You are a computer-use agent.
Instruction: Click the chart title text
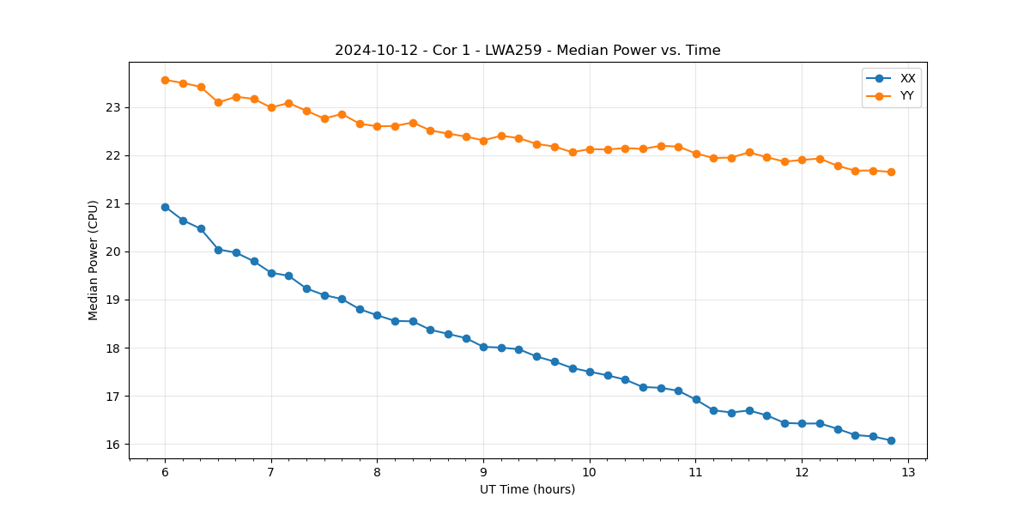(x=527, y=51)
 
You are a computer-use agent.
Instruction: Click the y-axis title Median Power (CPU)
(x=93, y=260)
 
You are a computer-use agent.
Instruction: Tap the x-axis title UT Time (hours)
(x=527, y=489)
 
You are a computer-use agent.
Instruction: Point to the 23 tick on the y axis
(x=114, y=107)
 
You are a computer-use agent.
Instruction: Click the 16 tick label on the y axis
(x=114, y=445)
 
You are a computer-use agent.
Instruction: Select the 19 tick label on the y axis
(x=114, y=300)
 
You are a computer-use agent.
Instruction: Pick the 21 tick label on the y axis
(x=114, y=204)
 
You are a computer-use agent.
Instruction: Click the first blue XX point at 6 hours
(x=165, y=207)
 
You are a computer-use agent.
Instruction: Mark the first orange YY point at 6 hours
(x=165, y=80)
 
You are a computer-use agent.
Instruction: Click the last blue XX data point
(x=891, y=440)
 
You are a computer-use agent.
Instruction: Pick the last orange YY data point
(x=891, y=172)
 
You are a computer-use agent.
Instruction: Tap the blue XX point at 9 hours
(x=483, y=347)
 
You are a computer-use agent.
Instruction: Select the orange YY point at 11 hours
(x=696, y=154)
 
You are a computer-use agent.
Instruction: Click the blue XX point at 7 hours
(x=271, y=273)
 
